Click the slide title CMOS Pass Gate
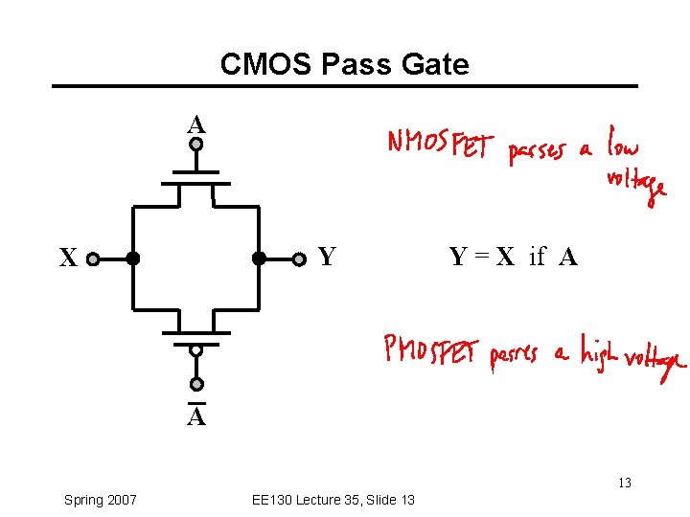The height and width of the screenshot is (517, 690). click(x=344, y=64)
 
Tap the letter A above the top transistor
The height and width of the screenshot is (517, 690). click(x=195, y=124)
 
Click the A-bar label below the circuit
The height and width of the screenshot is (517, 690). click(x=195, y=417)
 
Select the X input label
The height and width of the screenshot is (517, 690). click(x=67, y=258)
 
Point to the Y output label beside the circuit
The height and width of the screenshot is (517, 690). click(x=327, y=257)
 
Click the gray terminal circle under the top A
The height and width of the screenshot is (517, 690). click(x=195, y=146)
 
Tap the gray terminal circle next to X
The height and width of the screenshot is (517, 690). click(x=93, y=258)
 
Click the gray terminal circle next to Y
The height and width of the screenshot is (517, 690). click(x=298, y=258)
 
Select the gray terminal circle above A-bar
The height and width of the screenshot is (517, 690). click(x=195, y=385)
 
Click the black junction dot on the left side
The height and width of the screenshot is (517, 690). click(x=132, y=258)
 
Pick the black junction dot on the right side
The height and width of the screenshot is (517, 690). click(x=259, y=258)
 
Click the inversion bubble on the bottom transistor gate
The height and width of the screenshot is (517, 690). click(x=195, y=350)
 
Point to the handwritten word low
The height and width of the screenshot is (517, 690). click(x=622, y=144)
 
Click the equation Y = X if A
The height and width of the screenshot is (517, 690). click(x=513, y=257)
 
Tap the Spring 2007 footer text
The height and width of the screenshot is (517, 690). click(x=100, y=500)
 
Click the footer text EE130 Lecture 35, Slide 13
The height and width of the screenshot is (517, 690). click(x=333, y=500)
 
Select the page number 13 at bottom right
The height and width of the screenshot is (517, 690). click(x=624, y=483)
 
